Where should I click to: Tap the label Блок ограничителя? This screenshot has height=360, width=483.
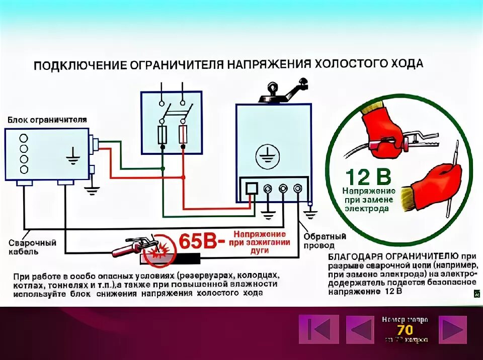[x=47, y=120]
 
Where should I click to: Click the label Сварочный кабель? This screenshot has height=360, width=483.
[x=32, y=247]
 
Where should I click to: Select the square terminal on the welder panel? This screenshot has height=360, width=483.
[x=251, y=189]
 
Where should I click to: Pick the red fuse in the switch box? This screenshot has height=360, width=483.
[x=183, y=134]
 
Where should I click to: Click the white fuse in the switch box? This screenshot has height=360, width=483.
[x=163, y=134]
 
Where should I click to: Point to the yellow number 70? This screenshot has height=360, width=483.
[x=405, y=330]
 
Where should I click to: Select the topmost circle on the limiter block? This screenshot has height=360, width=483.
[x=24, y=138]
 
